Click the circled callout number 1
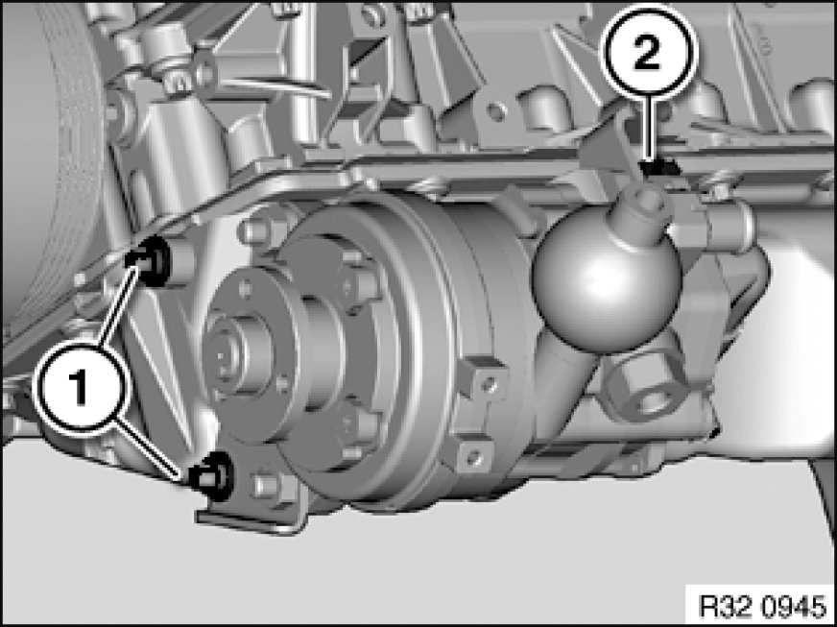point(80,388)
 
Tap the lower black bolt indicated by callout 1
point(212,475)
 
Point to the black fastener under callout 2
point(658,167)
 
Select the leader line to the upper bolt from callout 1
point(116,305)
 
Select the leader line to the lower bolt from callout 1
point(151,447)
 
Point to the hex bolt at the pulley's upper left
point(255,229)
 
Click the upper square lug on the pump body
point(483,379)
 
